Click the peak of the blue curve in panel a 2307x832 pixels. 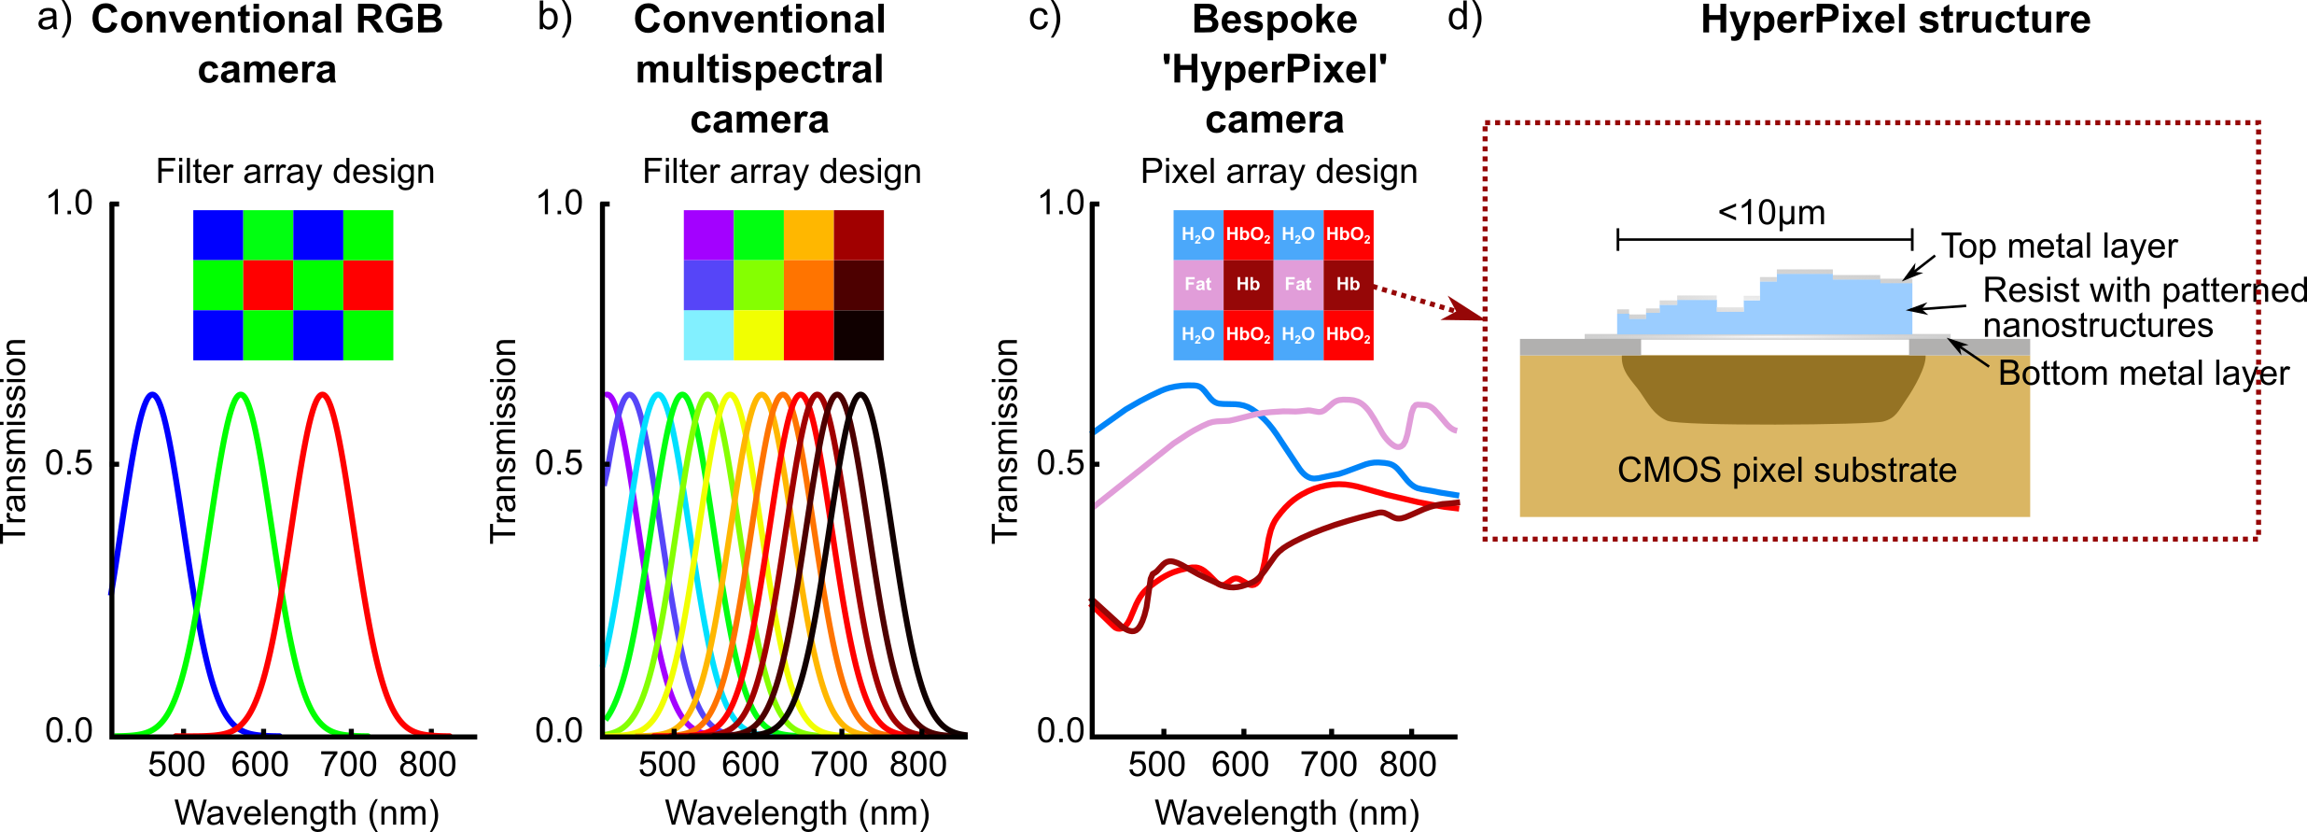point(152,395)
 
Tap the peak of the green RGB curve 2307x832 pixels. point(241,395)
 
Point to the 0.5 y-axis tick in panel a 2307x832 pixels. point(114,464)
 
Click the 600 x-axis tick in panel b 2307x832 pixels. point(750,735)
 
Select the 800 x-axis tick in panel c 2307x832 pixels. point(1411,734)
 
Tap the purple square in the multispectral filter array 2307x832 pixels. point(708,234)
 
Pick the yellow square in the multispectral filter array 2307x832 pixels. point(758,335)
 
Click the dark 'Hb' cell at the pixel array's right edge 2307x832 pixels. point(1348,285)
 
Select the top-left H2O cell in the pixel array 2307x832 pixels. point(1197,234)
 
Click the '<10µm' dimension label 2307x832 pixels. point(1770,213)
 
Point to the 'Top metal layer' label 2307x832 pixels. point(2059,247)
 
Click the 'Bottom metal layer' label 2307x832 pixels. point(2143,374)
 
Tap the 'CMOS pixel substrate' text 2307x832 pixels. point(1786,470)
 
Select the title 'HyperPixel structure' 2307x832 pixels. point(1895,21)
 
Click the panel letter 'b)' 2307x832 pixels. point(555,19)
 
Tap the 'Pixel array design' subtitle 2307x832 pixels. point(1279,172)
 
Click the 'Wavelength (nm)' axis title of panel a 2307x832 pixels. point(306,812)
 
